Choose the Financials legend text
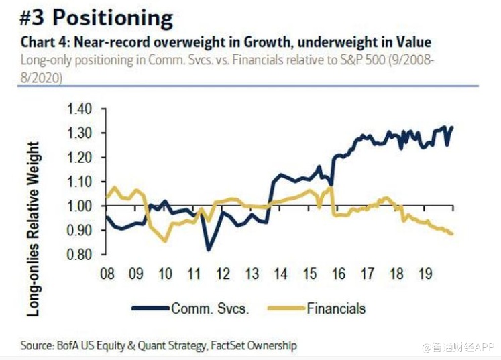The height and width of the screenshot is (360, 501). coord(337,308)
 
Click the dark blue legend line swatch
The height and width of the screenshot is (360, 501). coord(150,308)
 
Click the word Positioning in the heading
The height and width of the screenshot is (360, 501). coord(113,18)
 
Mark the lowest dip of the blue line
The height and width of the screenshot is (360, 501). coord(209,250)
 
